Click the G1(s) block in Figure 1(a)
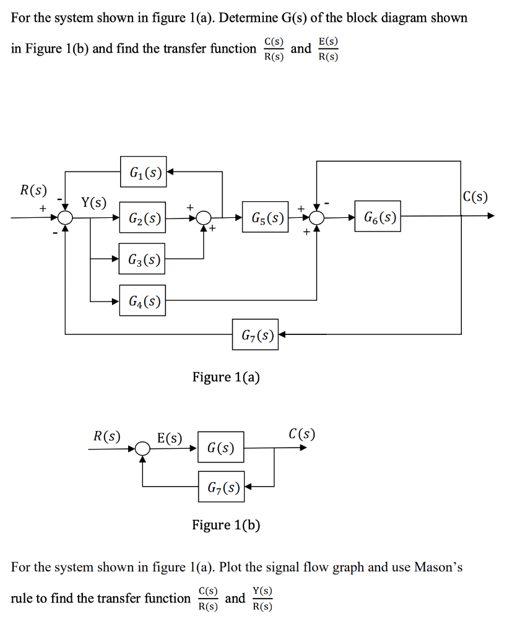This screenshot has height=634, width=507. (143, 172)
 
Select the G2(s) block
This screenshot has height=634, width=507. (143, 217)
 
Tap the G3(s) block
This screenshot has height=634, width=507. (143, 259)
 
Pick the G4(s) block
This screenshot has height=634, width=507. (143, 301)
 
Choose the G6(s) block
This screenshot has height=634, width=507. (378, 217)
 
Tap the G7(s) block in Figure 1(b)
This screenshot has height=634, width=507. (222, 487)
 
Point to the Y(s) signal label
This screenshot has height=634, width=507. (93, 202)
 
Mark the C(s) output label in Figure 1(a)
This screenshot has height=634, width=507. (475, 198)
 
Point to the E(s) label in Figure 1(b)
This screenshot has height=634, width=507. (170, 438)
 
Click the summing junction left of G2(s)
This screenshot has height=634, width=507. (66, 217)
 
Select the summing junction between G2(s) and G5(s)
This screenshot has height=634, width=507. (204, 217)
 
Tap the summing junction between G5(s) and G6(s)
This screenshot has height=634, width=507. (317, 217)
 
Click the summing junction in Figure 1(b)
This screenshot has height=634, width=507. (143, 447)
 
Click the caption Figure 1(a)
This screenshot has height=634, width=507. (226, 377)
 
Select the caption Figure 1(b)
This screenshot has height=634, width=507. (226, 525)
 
